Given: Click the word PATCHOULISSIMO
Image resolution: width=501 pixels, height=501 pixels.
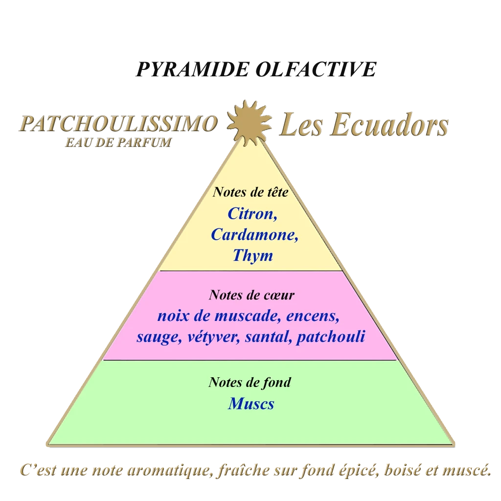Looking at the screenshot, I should (x=117, y=124).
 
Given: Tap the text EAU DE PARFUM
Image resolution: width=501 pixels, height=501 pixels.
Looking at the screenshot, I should (x=117, y=143).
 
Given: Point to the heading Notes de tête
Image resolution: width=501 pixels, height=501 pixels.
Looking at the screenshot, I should (x=250, y=192).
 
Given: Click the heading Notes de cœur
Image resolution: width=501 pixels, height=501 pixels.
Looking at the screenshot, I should (x=251, y=295).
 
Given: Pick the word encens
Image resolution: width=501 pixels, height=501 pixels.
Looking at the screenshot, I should (x=313, y=316).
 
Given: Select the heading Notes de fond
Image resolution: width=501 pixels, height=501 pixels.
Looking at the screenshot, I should (x=250, y=382).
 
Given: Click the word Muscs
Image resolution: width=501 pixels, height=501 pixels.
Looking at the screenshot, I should (x=251, y=404).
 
